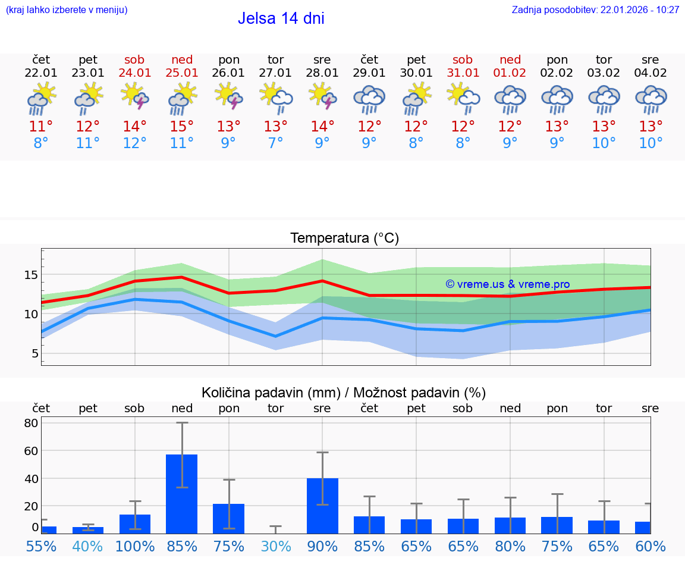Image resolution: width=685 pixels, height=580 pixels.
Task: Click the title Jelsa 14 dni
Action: coord(281,18)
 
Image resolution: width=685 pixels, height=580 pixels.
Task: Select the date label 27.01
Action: coord(275,73)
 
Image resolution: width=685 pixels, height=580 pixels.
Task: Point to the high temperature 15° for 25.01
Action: coord(182,127)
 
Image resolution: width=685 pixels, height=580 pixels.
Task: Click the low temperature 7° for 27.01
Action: coord(275,143)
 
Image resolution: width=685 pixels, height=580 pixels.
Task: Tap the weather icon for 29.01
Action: coord(369,99)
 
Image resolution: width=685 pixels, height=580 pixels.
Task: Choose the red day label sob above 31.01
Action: coord(463,60)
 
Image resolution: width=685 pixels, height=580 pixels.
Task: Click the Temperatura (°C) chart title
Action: coord(344,239)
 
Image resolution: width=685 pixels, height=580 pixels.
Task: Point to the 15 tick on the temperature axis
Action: coord(31,275)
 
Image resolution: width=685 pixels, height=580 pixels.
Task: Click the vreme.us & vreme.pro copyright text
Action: coord(507,284)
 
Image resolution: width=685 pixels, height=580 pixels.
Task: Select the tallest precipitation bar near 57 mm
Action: coord(182,494)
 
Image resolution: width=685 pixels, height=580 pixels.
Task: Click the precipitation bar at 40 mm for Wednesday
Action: coord(322,505)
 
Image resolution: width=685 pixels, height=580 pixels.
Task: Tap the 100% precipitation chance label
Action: coord(135,546)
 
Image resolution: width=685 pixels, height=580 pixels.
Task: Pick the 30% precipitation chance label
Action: coord(275,546)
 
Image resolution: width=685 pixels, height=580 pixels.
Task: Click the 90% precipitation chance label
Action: coord(322,546)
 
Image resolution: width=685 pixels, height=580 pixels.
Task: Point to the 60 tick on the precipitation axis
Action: coord(31,451)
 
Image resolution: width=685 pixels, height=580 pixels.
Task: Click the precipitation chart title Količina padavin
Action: coord(344,393)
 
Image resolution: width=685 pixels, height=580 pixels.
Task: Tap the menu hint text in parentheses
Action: coord(67,10)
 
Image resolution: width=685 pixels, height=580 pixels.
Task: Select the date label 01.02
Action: coord(510,73)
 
